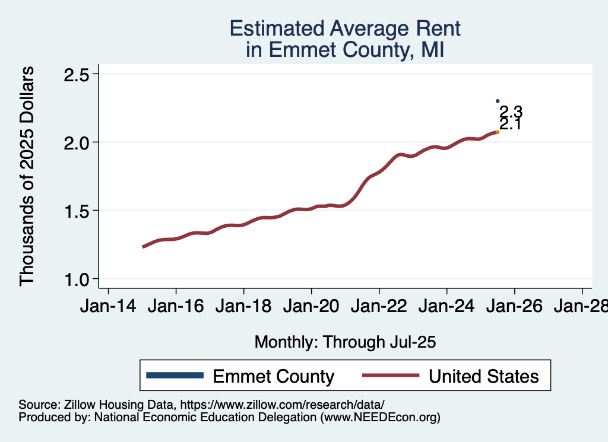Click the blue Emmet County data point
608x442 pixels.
click(498, 101)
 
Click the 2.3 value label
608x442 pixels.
click(510, 112)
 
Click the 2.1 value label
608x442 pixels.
click(510, 125)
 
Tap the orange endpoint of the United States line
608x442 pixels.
click(498, 132)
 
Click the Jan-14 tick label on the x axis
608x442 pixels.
click(108, 307)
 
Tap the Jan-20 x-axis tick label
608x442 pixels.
click(311, 307)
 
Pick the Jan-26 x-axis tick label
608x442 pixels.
click(514, 307)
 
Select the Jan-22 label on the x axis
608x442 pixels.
click(379, 307)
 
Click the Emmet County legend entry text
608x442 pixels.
click(273, 376)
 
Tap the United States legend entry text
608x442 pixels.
click(484, 376)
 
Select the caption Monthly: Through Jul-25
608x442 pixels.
click(345, 342)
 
